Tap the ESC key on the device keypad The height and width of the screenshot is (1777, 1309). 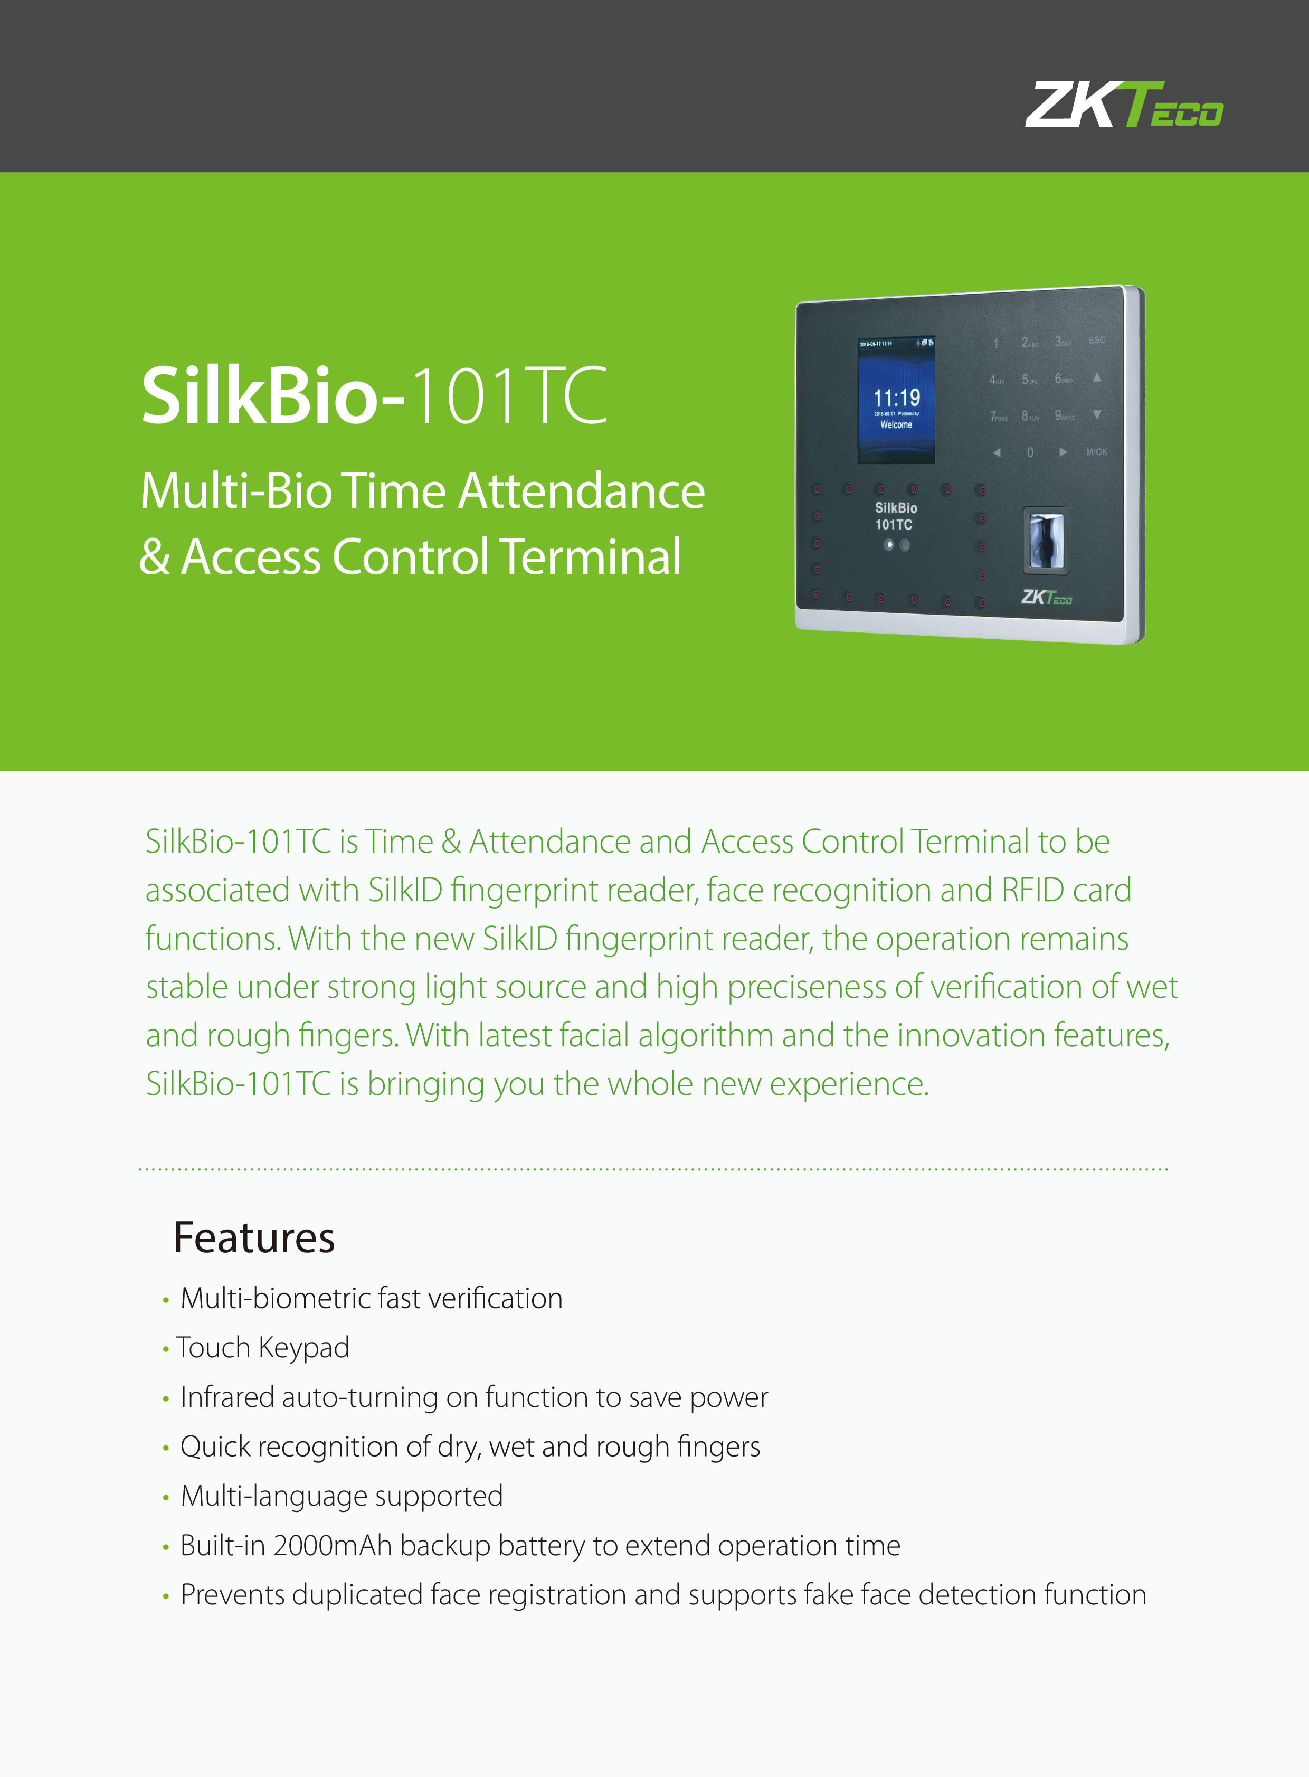(x=1097, y=340)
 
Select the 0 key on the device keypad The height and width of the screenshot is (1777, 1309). (x=1030, y=452)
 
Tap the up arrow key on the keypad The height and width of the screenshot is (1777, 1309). (x=1097, y=377)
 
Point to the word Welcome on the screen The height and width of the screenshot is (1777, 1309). (x=896, y=425)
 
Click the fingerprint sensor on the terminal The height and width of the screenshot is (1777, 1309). (x=1046, y=540)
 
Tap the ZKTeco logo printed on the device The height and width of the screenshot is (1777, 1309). (x=1046, y=597)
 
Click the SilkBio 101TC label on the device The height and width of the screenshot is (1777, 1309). (x=895, y=516)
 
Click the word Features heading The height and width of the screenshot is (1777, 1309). (x=254, y=1237)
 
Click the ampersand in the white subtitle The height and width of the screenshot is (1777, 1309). (x=155, y=556)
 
